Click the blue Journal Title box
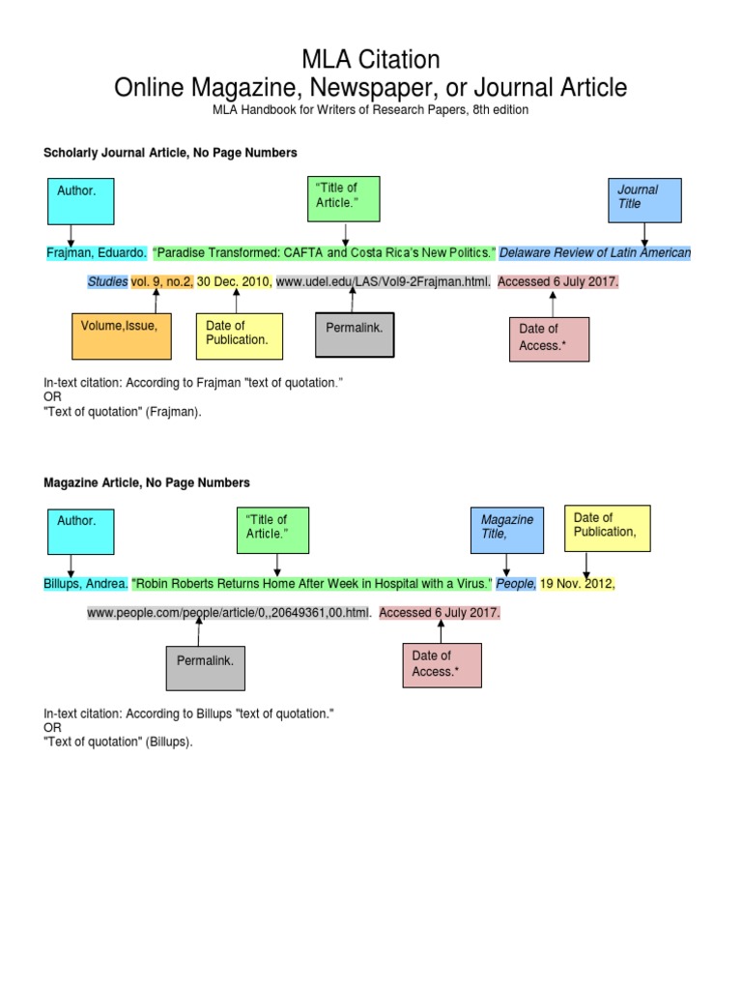click(x=644, y=200)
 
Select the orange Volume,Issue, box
click(x=114, y=335)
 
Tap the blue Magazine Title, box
click(x=507, y=529)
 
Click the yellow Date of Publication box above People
click(x=607, y=528)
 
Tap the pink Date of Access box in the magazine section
click(x=442, y=664)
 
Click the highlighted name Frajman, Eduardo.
click(x=97, y=253)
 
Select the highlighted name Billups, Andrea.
click(x=85, y=584)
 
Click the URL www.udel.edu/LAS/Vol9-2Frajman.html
click(x=384, y=282)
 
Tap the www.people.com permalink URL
click(x=229, y=613)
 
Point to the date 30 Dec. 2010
click(x=234, y=282)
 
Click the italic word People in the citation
click(x=516, y=584)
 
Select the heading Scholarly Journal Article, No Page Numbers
click(x=170, y=153)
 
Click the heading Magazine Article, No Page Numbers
click(x=147, y=482)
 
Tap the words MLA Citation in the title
click(x=370, y=60)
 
